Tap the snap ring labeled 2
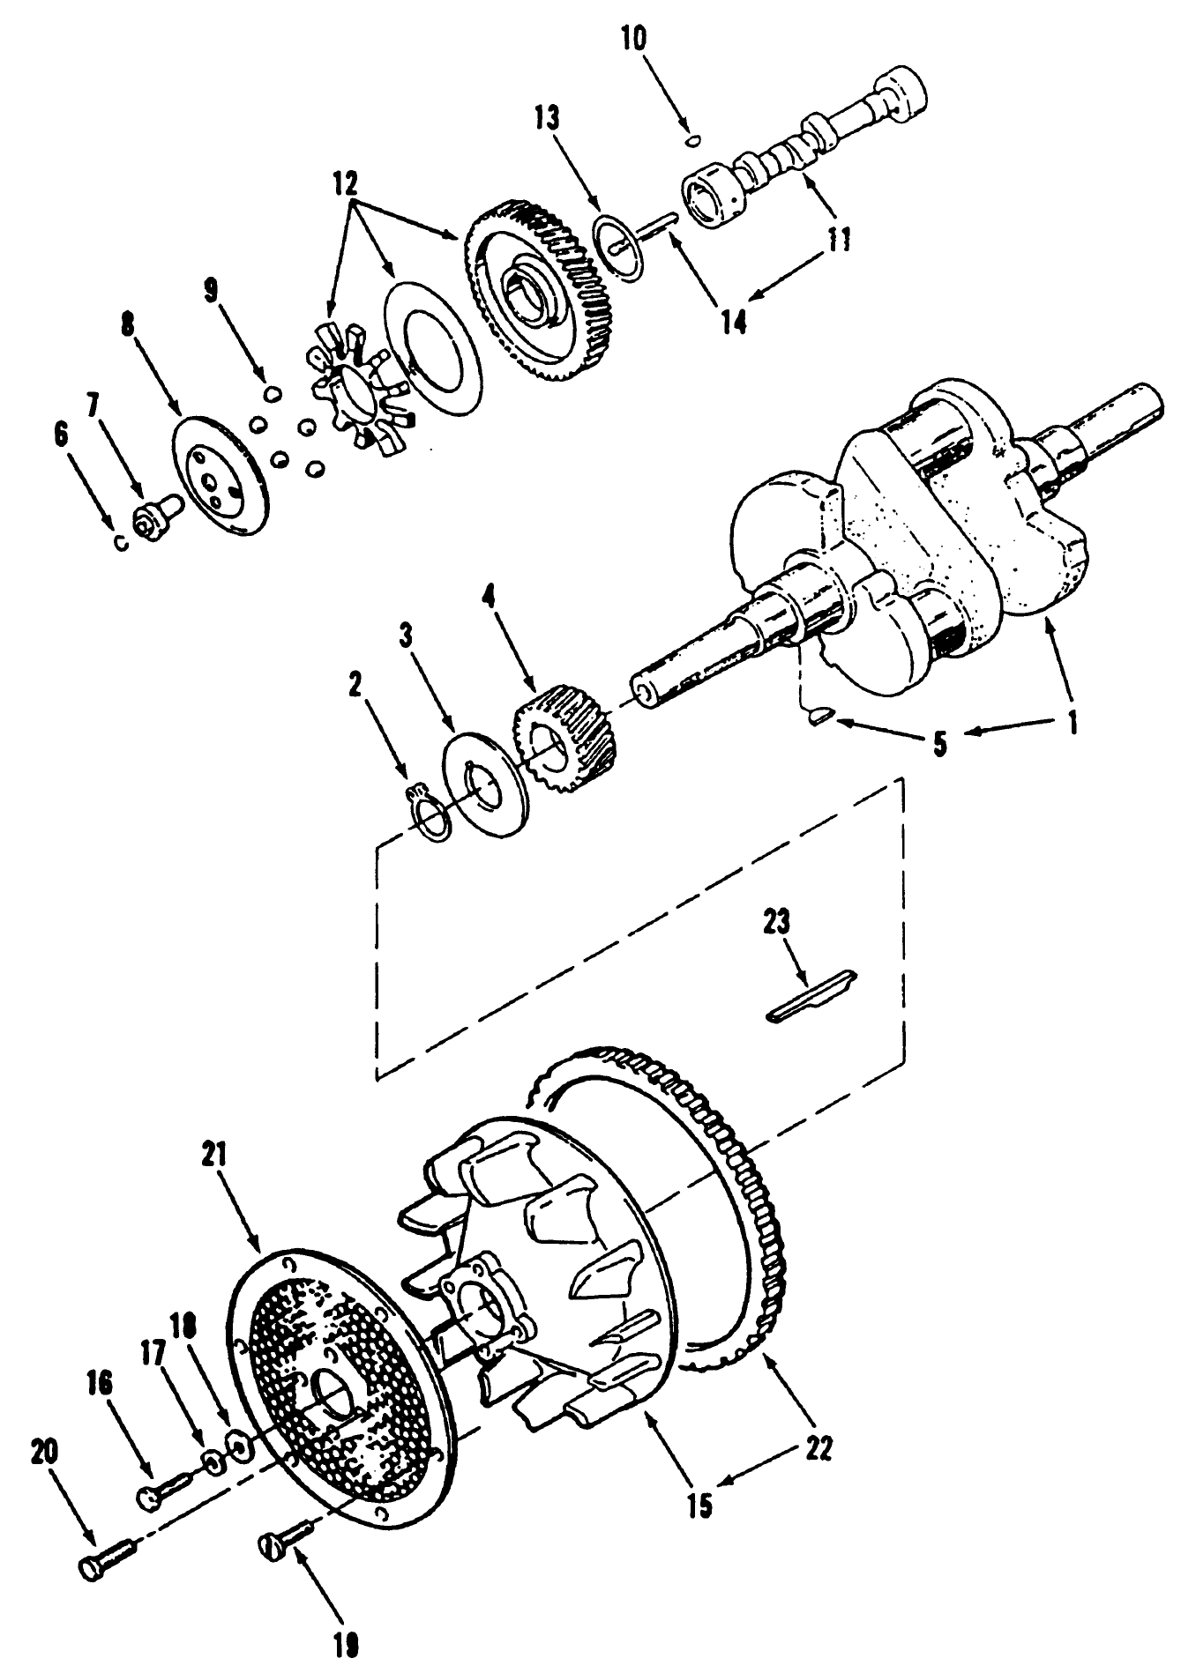[430, 814]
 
